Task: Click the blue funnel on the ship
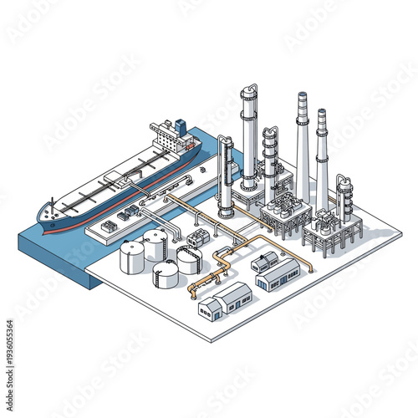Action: click(180, 126)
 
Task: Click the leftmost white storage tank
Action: click(131, 257)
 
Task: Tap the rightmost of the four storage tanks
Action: click(189, 260)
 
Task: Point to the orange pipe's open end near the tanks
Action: click(192, 295)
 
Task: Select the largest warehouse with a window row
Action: click(278, 274)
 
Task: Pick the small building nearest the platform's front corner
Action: click(210, 310)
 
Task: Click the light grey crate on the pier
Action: click(109, 226)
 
